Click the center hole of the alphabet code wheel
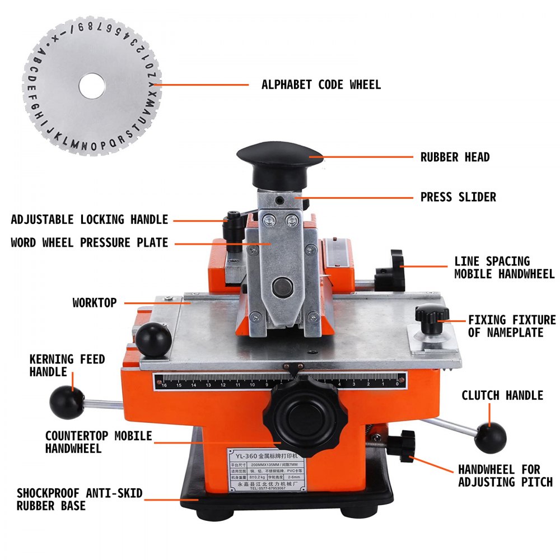[x=92, y=86]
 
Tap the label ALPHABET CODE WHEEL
[x=321, y=85]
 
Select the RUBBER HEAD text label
[x=455, y=157]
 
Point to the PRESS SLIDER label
[x=458, y=197]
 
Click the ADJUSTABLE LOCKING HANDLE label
[x=90, y=219]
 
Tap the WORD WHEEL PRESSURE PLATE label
[x=89, y=242]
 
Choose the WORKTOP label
[x=95, y=302]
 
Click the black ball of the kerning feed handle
[x=63, y=398]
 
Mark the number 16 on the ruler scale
[x=164, y=385]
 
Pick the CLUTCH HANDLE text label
[x=502, y=395]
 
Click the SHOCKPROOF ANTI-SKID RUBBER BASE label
[x=80, y=500]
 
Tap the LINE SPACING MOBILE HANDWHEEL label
[x=504, y=268]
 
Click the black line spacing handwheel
[x=393, y=272]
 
